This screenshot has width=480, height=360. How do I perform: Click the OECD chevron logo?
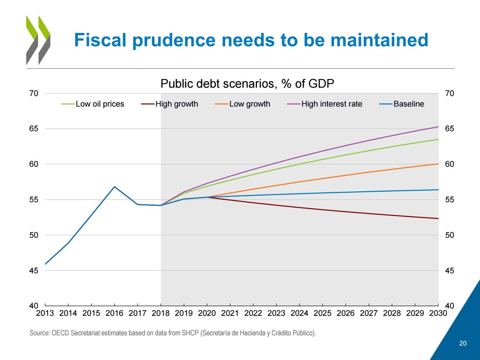[x=38, y=40]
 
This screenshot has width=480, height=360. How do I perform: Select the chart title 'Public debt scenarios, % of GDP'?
[x=247, y=84]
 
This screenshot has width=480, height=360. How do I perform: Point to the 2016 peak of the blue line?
[x=115, y=187]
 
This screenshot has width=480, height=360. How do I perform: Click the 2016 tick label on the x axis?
[x=114, y=313]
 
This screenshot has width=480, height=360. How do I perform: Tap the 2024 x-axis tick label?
[x=299, y=313]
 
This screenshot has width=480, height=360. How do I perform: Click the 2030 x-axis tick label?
[x=438, y=313]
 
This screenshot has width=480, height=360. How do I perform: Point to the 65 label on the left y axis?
[x=34, y=129]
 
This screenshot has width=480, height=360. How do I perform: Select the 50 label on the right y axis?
[x=450, y=235]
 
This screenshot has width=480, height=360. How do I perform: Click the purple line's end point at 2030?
[x=438, y=127]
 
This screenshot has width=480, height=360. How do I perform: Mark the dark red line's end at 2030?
[x=438, y=219]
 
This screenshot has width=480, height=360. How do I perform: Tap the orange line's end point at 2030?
[x=438, y=164]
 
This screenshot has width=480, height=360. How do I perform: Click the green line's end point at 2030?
[x=438, y=139]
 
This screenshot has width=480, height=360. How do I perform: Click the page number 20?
[x=463, y=343]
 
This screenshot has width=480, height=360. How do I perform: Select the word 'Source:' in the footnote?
[x=40, y=333]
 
